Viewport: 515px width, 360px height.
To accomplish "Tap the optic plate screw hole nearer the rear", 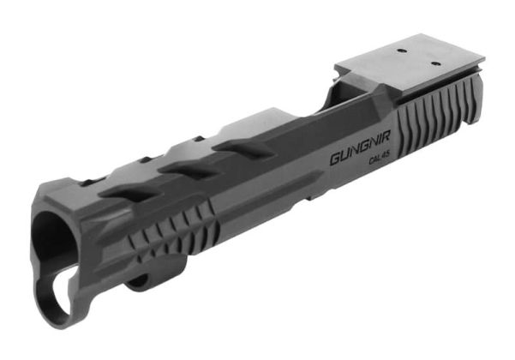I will (x=435, y=62).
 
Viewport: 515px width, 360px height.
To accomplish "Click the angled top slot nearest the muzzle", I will (x=120, y=192).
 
